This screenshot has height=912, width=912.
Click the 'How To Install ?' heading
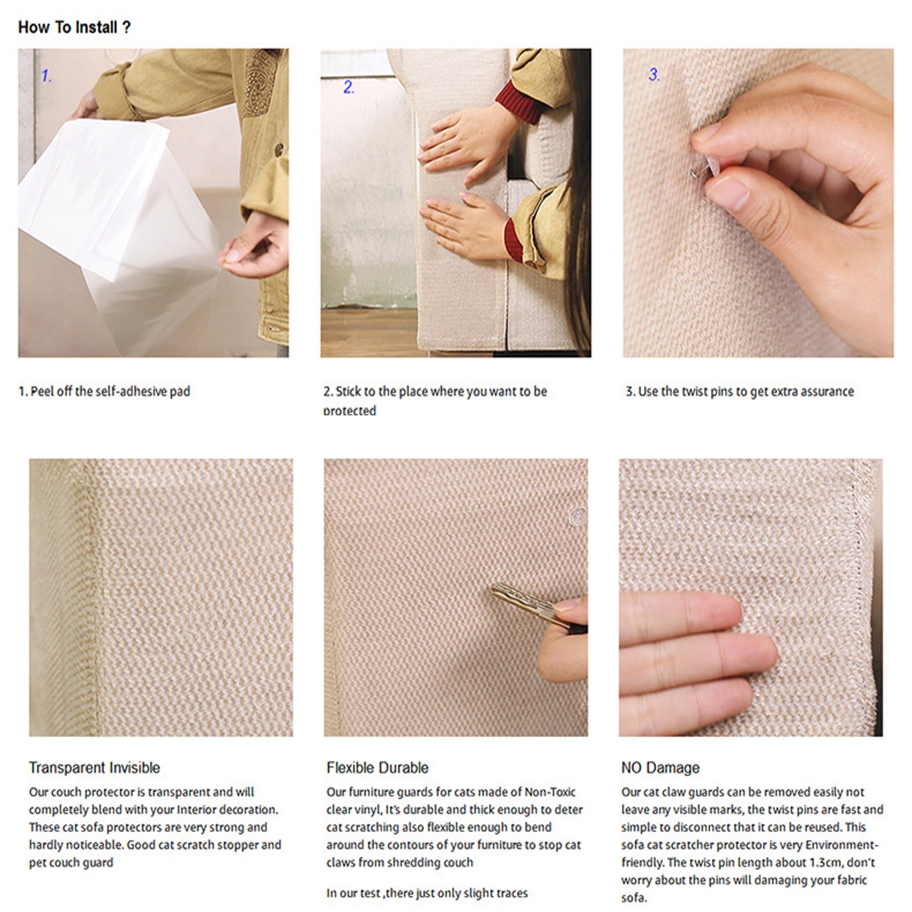click(x=74, y=27)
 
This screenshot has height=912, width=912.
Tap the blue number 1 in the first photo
click(x=46, y=75)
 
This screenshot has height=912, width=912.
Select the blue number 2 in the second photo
click(x=348, y=87)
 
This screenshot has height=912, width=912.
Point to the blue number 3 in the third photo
click(x=654, y=74)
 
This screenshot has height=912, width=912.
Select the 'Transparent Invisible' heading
click(x=94, y=768)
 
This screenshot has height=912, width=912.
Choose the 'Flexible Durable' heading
click(x=377, y=768)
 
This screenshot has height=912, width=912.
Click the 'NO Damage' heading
click(x=660, y=768)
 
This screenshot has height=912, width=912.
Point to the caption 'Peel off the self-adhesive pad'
click(x=110, y=391)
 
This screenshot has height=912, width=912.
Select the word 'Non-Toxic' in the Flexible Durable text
click(x=550, y=792)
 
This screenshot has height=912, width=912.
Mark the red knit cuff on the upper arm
click(x=518, y=101)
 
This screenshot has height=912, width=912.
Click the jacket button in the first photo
click(x=279, y=150)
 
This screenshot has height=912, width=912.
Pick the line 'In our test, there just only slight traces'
click(x=427, y=893)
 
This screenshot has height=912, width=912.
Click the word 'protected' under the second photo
click(x=350, y=410)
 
